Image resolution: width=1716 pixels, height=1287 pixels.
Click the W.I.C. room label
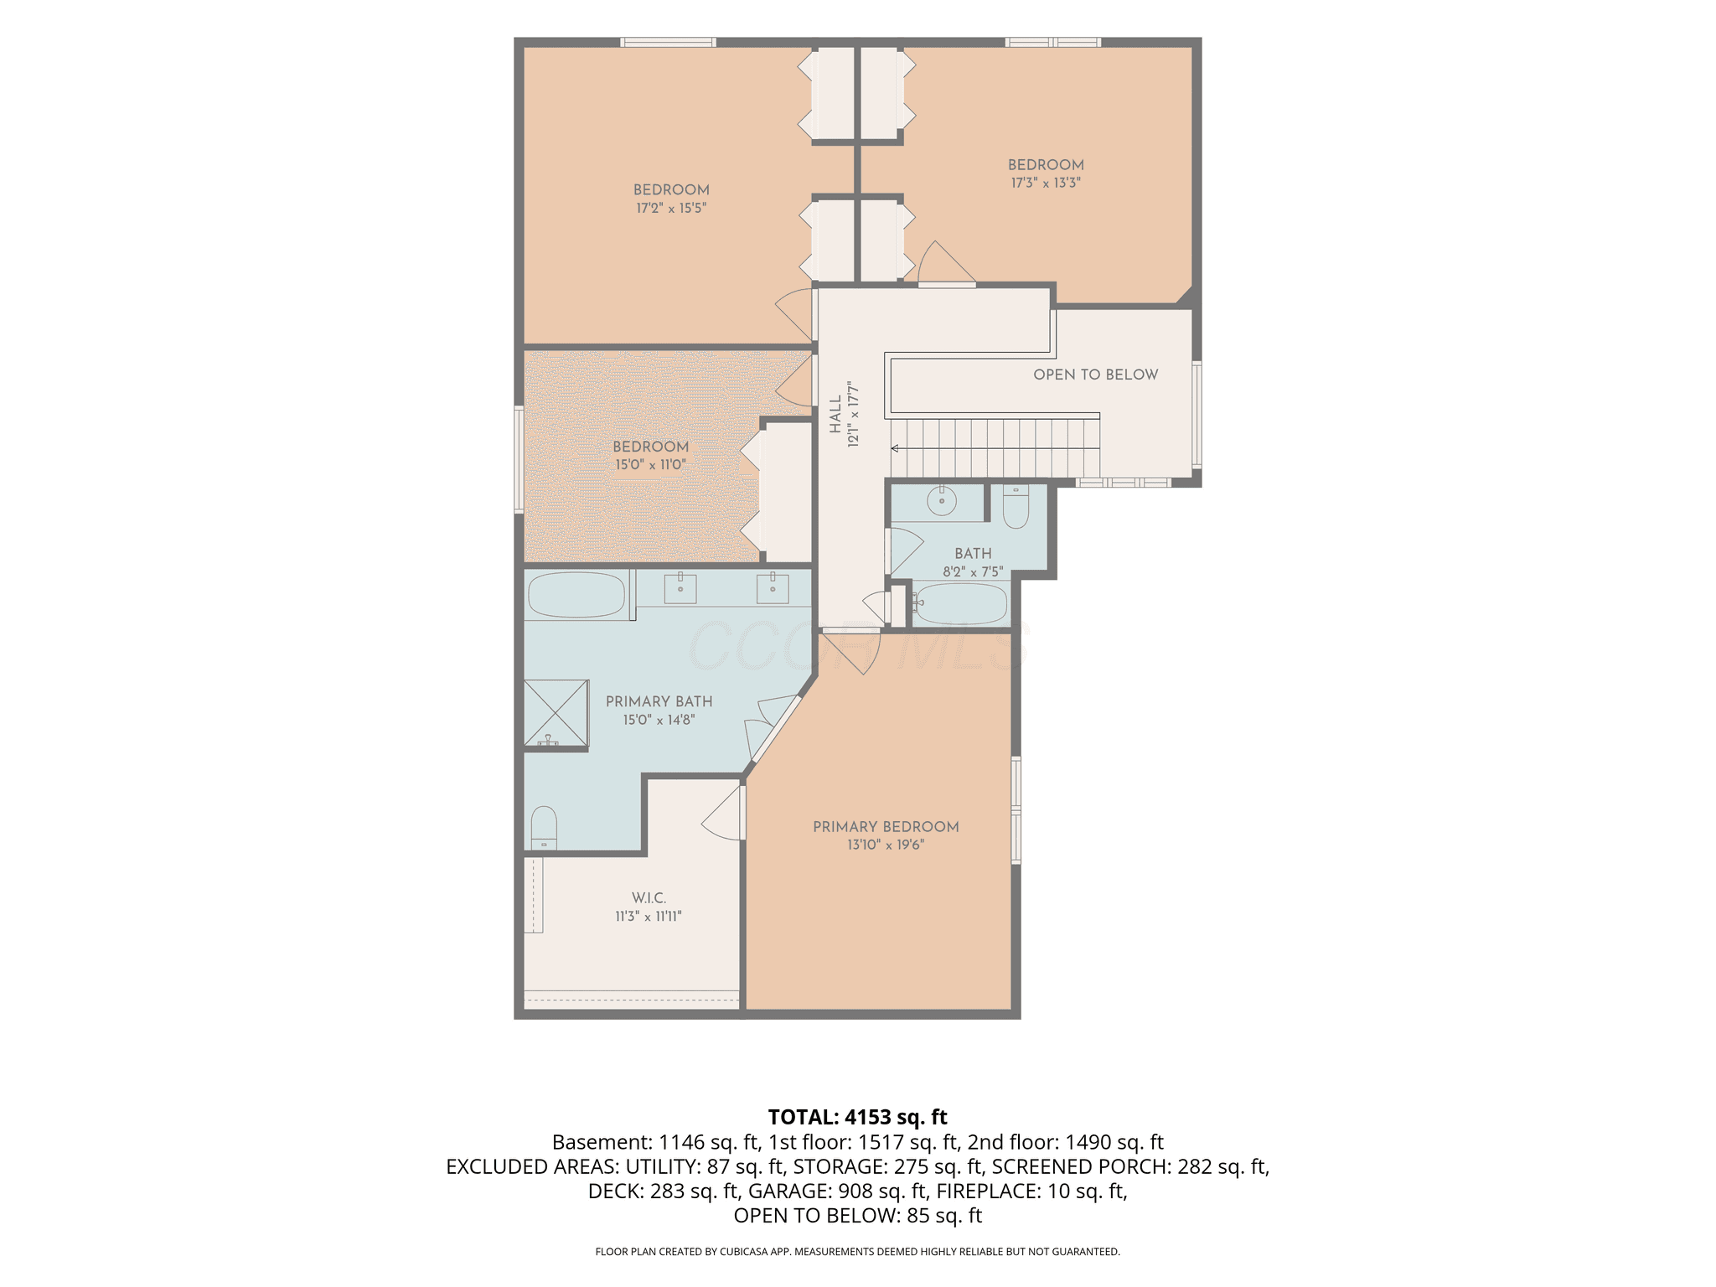pyautogui.click(x=649, y=898)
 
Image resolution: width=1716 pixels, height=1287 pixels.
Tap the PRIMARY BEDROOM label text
pyautogui.click(x=886, y=827)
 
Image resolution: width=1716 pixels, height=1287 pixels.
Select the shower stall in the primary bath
pyautogui.click(x=556, y=713)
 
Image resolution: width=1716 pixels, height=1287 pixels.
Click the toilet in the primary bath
pyautogui.click(x=544, y=828)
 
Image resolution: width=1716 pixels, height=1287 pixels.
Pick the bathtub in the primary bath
pyautogui.click(x=576, y=595)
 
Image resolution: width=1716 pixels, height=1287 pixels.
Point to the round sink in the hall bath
pyautogui.click(x=942, y=502)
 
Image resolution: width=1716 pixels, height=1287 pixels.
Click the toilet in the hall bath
pyautogui.click(x=1016, y=508)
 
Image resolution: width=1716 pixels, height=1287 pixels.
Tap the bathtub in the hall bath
pyautogui.click(x=961, y=603)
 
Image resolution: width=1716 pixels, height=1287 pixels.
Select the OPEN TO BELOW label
pyautogui.click(x=1095, y=375)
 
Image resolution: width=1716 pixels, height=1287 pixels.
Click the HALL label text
pyautogui.click(x=835, y=415)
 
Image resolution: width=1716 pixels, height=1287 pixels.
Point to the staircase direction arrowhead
pyautogui.click(x=895, y=448)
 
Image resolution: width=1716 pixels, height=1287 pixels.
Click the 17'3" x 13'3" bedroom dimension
pyautogui.click(x=1046, y=183)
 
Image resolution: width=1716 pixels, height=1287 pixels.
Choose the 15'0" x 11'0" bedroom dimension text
pyautogui.click(x=650, y=464)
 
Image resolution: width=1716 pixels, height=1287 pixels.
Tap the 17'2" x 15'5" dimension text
pyautogui.click(x=670, y=208)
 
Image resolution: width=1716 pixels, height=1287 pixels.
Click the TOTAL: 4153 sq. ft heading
pyautogui.click(x=857, y=1117)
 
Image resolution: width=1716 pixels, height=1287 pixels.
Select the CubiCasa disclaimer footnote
pyautogui.click(x=857, y=1252)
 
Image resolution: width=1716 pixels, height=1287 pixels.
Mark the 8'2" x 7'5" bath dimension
pyautogui.click(x=973, y=572)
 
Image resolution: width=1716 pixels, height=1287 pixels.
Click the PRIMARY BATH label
pyautogui.click(x=659, y=701)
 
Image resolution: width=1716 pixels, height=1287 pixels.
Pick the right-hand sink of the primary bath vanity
pyautogui.click(x=773, y=587)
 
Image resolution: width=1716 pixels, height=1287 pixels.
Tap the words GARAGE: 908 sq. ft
pyautogui.click(x=837, y=1191)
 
